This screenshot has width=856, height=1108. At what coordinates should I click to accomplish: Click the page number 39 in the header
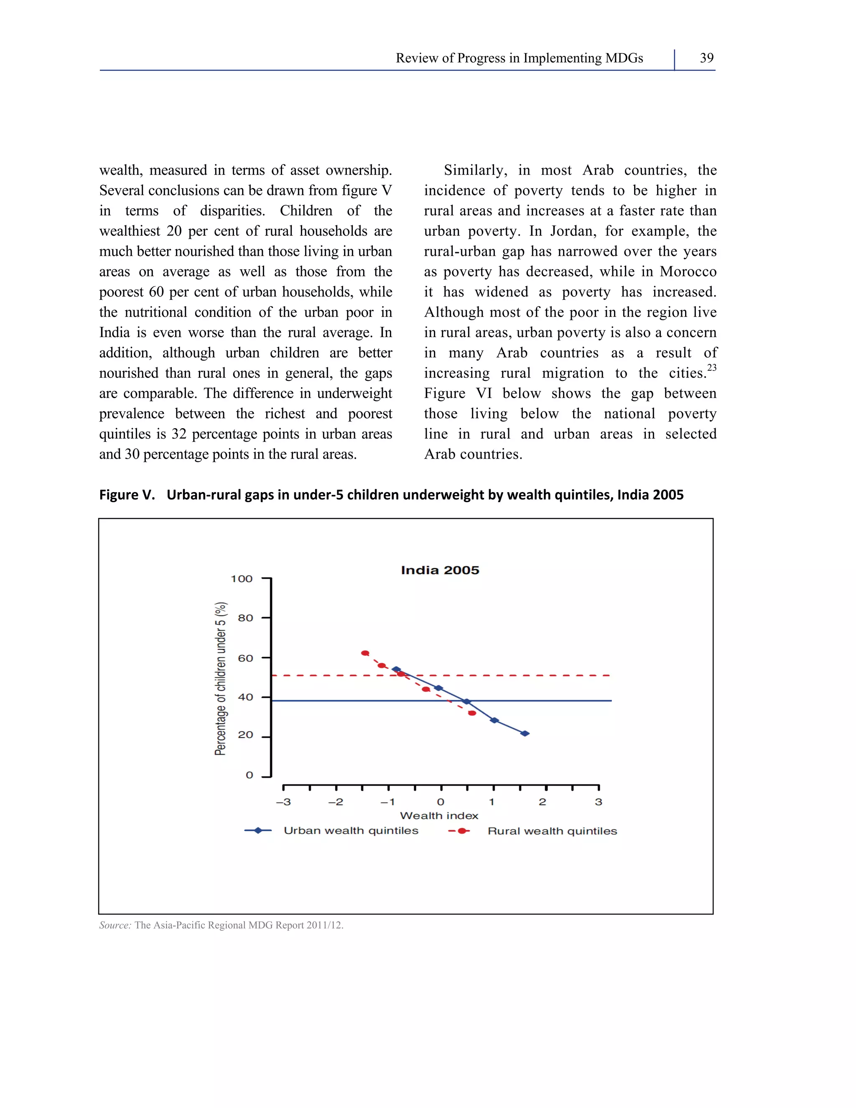tap(706, 58)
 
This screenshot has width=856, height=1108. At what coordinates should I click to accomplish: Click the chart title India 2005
tap(440, 570)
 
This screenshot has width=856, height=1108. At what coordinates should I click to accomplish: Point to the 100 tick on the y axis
tap(242, 579)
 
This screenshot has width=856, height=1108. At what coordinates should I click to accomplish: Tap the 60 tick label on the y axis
tap(245, 658)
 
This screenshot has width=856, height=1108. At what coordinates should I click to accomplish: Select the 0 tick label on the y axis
tap(249, 775)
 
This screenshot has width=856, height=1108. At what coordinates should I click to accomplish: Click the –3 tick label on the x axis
tap(283, 802)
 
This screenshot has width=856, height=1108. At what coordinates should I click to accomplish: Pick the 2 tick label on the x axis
tap(543, 802)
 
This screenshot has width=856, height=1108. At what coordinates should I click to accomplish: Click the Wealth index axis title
tap(439, 816)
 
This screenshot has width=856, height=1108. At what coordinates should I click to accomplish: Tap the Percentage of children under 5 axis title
tap(221, 679)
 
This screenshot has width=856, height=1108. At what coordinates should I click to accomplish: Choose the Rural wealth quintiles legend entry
tap(552, 831)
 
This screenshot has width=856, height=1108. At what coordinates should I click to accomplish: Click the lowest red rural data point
tap(472, 713)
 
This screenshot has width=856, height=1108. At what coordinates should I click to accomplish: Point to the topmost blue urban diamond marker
tap(397, 669)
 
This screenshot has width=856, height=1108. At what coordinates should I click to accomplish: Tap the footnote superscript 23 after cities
tap(711, 367)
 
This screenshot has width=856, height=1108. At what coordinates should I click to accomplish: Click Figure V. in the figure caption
tap(126, 495)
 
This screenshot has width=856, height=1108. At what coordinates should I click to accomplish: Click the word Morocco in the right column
tap(688, 271)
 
